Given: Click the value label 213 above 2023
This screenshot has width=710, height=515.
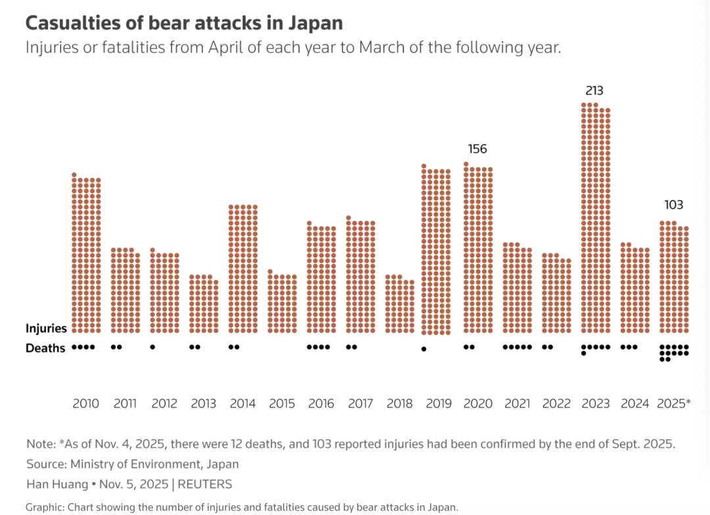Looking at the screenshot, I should [x=594, y=91].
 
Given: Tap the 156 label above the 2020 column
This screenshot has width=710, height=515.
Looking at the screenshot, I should [x=477, y=149].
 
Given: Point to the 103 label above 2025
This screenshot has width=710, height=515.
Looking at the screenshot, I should [x=674, y=206].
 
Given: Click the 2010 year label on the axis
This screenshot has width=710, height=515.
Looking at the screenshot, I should [x=85, y=403].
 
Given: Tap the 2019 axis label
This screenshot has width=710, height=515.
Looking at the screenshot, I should [x=438, y=403].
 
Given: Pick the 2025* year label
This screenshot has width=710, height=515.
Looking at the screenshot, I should [x=674, y=403].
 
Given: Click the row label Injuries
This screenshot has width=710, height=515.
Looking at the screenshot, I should [x=46, y=328].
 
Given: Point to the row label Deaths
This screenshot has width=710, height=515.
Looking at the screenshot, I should [x=45, y=348].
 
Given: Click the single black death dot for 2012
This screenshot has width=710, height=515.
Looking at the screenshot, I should [x=153, y=347].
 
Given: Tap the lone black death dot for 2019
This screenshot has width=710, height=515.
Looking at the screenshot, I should [x=424, y=349].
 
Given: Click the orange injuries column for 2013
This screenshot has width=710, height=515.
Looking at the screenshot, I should [x=204, y=304].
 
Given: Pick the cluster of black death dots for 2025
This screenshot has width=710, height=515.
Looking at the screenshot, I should [x=674, y=353].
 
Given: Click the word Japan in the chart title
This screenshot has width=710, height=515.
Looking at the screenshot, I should [x=316, y=23].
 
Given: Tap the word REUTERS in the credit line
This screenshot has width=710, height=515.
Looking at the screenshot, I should [x=204, y=484].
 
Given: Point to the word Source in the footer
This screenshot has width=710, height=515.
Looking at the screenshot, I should [x=45, y=464].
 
